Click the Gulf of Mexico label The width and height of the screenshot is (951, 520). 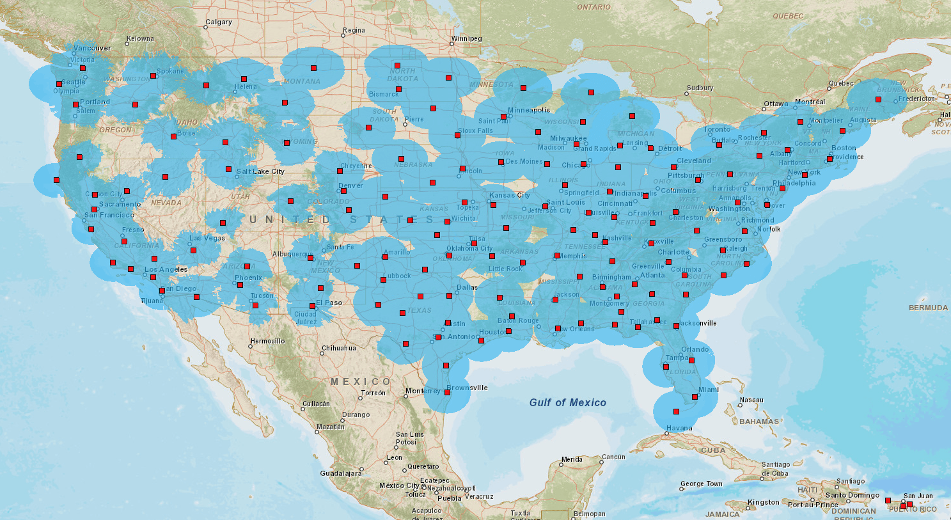[567, 402]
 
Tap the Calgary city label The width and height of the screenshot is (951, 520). [219, 22]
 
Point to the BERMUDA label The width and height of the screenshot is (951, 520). [928, 308]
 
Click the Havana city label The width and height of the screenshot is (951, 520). [679, 428]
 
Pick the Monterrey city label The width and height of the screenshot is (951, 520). [423, 391]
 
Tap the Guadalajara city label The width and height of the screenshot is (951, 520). [340, 473]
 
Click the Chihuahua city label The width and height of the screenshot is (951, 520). [338, 348]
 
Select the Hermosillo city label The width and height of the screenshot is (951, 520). [267, 341]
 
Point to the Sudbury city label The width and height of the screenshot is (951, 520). [700, 88]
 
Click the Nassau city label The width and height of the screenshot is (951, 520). [751, 400]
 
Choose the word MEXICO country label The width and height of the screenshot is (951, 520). [360, 382]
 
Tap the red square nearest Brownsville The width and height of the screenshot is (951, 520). [447, 393]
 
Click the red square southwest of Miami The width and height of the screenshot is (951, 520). [676, 411]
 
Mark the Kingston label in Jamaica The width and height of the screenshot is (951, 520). [764, 502]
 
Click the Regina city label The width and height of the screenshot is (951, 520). [354, 30]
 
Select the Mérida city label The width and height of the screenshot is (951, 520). [572, 459]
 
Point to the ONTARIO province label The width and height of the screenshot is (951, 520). [593, 7]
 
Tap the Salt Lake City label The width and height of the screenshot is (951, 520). [260, 171]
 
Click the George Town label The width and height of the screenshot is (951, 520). [701, 484]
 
